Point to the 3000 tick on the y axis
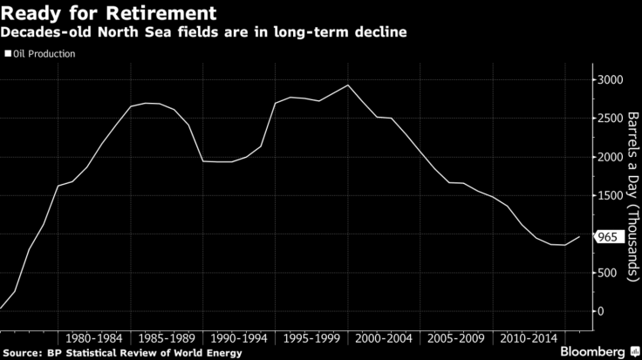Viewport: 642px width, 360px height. click(612, 80)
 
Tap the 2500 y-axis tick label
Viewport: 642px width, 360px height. click(612, 119)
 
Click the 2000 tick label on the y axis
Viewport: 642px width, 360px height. click(612, 157)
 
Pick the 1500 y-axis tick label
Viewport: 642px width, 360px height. click(612, 196)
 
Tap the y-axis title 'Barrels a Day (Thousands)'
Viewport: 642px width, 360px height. click(632, 195)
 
